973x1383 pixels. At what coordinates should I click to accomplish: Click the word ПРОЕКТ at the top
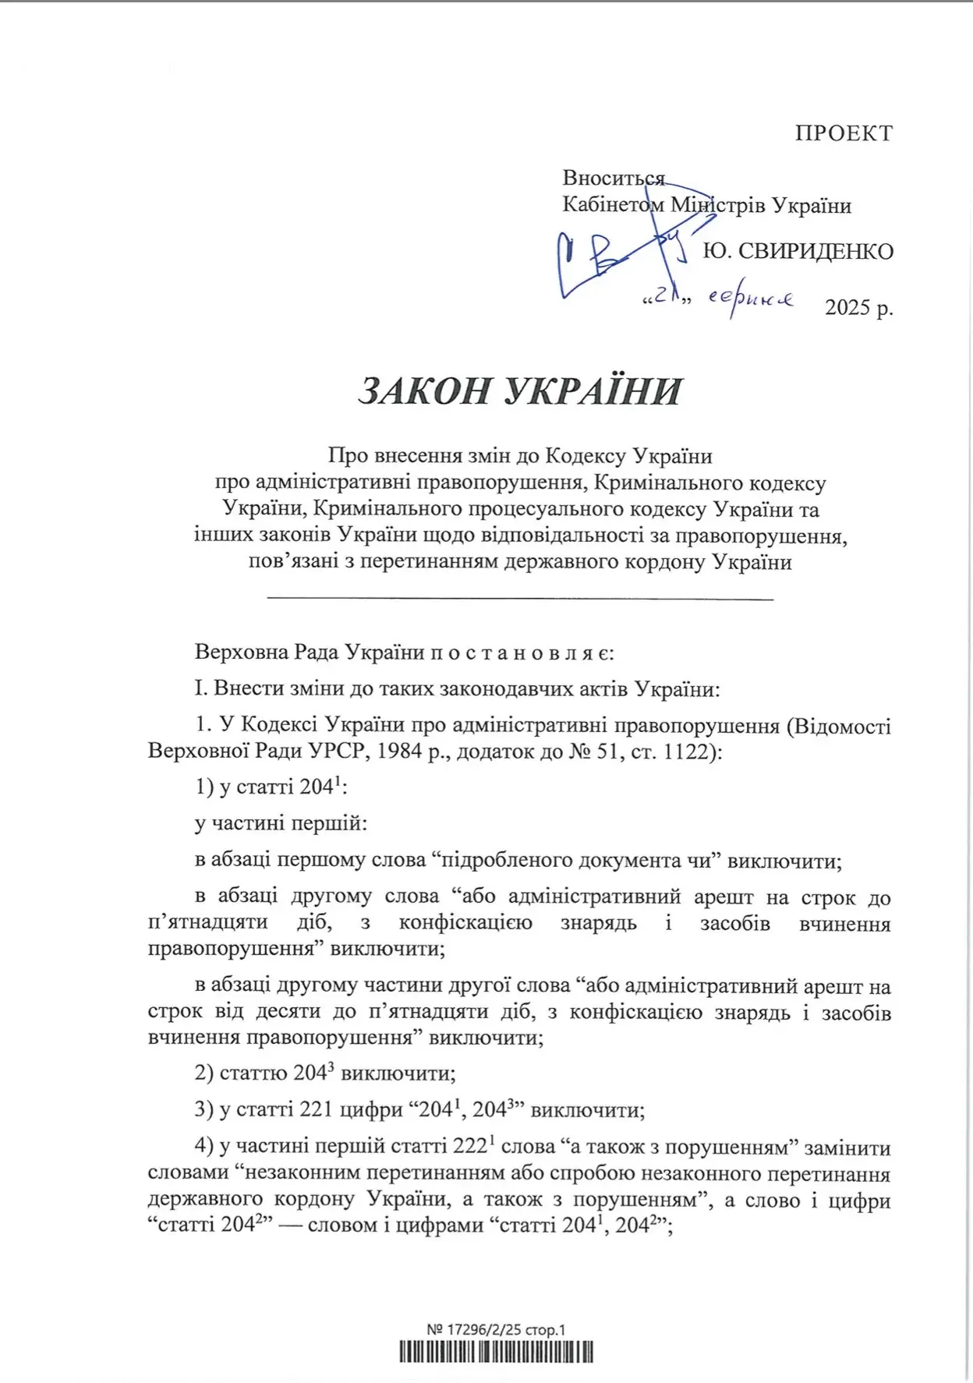click(x=844, y=133)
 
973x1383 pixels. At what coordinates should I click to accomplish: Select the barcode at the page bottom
click(x=497, y=1351)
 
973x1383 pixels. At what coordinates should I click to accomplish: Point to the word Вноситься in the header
click(x=614, y=179)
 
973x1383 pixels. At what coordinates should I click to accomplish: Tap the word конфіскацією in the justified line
click(x=465, y=923)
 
